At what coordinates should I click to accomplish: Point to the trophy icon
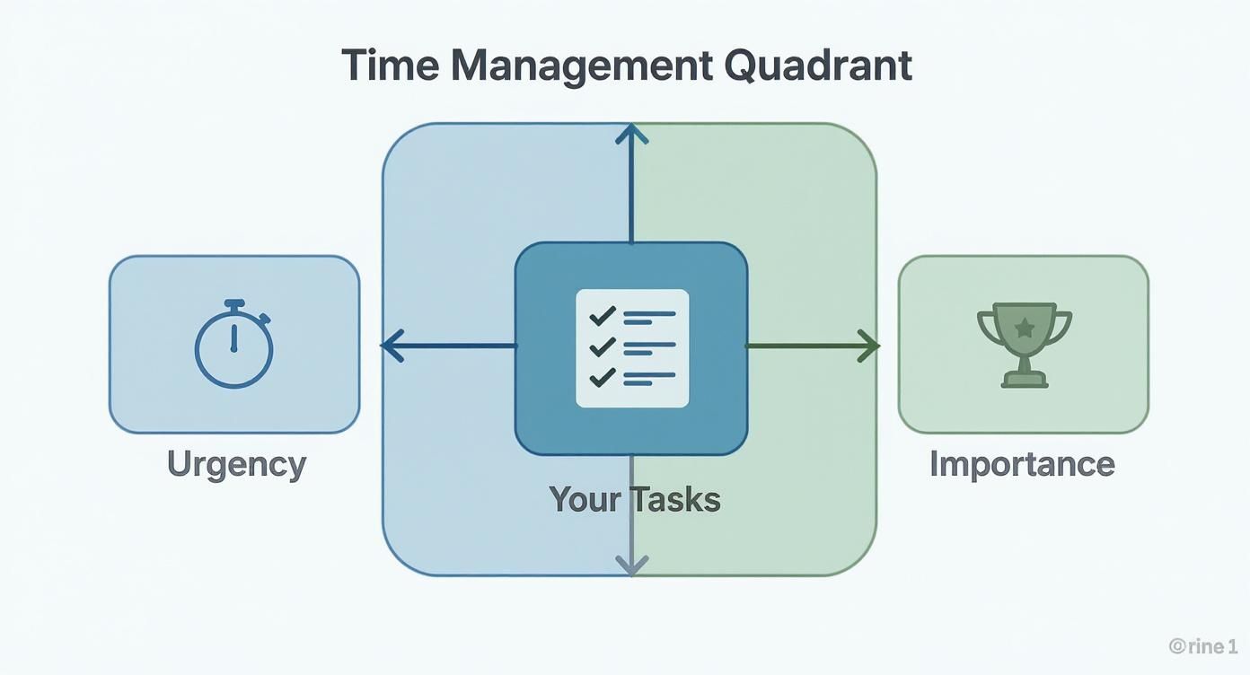[x=1024, y=346]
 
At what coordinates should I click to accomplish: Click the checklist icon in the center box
[x=631, y=347]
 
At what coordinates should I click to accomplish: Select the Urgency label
[x=236, y=464]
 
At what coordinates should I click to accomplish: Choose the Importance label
[x=1022, y=464]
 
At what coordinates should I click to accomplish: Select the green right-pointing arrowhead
[x=868, y=346]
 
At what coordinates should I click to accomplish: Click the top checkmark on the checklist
[x=602, y=316]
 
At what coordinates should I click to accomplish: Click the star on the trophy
[x=1024, y=328]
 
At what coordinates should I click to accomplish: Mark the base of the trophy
[x=1024, y=381]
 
